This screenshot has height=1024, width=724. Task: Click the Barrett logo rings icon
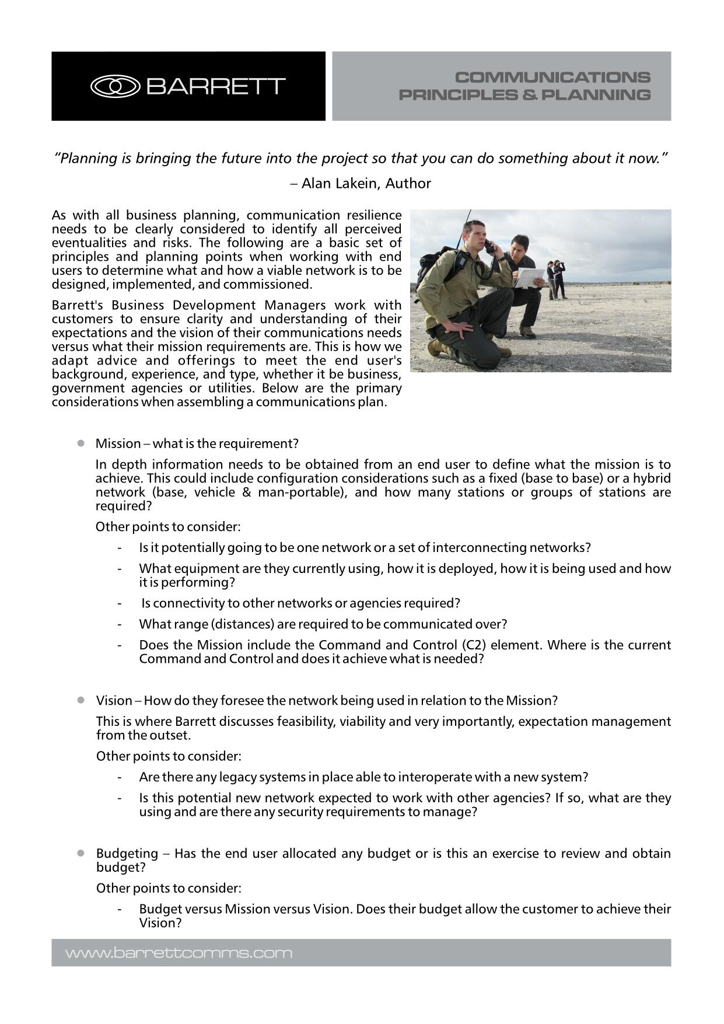[x=115, y=86]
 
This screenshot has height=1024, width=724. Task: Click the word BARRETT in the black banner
[x=215, y=86]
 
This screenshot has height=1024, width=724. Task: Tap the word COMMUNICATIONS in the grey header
[x=552, y=77]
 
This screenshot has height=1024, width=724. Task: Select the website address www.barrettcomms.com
[x=179, y=953]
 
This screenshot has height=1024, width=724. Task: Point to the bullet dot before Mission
[x=81, y=443]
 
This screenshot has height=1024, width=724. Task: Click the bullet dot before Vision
[x=81, y=700]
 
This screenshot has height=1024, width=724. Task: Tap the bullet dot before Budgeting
[x=81, y=852]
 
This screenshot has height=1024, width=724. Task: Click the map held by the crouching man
[x=529, y=277]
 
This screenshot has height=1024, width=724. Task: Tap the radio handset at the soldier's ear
[x=489, y=246]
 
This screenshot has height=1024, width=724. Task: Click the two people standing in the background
[x=556, y=279]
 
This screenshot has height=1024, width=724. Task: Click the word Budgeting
[x=127, y=853]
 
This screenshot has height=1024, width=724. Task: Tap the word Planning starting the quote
[x=87, y=158]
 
